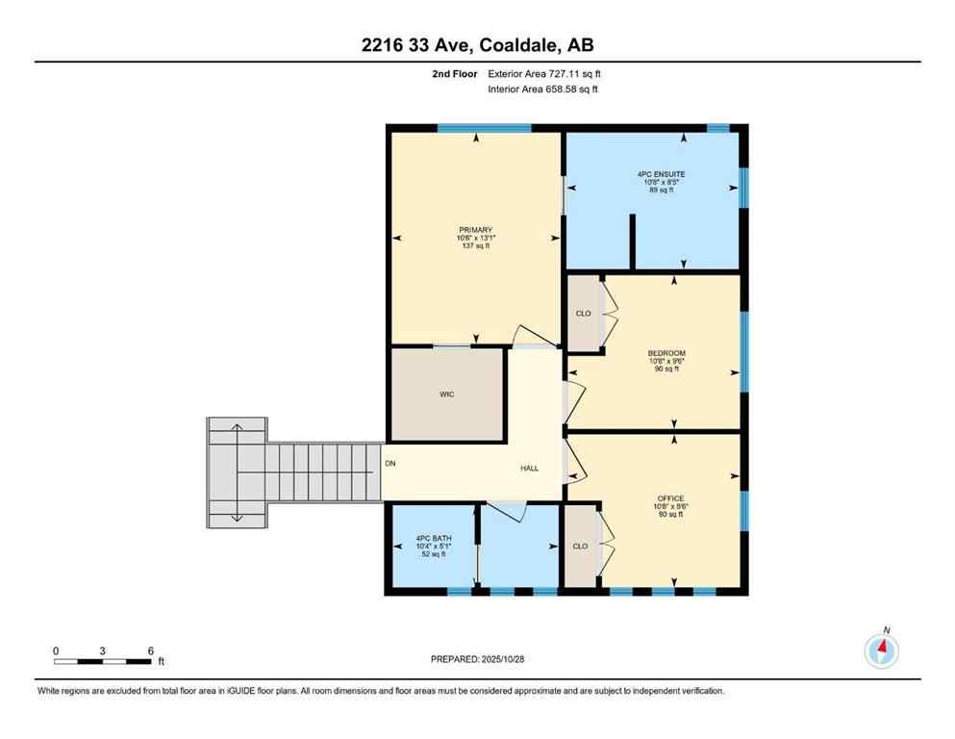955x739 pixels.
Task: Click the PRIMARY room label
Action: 475,229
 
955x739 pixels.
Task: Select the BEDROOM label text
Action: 666,353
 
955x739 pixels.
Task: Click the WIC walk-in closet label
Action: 446,395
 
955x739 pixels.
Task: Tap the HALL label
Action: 530,468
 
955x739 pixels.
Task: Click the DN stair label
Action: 390,463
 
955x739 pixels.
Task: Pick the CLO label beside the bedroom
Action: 583,313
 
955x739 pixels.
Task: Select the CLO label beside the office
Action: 580,546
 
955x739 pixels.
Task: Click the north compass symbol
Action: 882,650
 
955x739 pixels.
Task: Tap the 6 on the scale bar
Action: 151,650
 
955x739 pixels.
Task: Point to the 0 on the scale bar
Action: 56,650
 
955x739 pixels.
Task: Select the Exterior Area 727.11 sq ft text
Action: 545,73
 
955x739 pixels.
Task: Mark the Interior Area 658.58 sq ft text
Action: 543,89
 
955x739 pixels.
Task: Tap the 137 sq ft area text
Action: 474,246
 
